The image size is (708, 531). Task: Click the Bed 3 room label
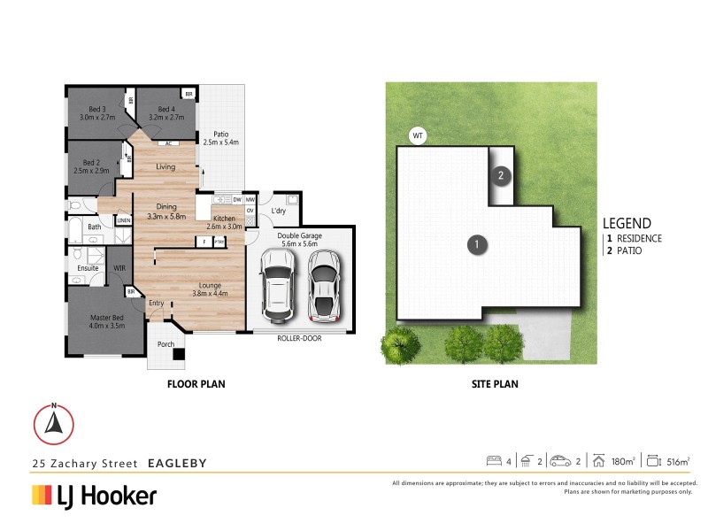[x=92, y=109]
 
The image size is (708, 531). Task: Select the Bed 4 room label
[x=165, y=109]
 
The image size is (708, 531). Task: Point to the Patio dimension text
[x=221, y=142]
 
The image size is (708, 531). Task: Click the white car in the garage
[x=279, y=286]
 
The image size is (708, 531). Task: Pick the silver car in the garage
[x=323, y=286]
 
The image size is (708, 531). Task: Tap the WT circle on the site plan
[x=418, y=135]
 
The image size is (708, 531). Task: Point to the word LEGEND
[x=627, y=224]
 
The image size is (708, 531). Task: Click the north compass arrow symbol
[x=54, y=424]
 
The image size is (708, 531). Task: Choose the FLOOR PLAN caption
[x=196, y=384]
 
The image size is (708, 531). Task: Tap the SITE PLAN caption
[x=494, y=384]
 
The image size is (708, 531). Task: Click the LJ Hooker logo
[x=95, y=496]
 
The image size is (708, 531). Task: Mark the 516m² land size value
[x=677, y=461]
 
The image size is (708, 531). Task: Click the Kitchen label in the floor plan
[x=224, y=218]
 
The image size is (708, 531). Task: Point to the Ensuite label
[x=87, y=266]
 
